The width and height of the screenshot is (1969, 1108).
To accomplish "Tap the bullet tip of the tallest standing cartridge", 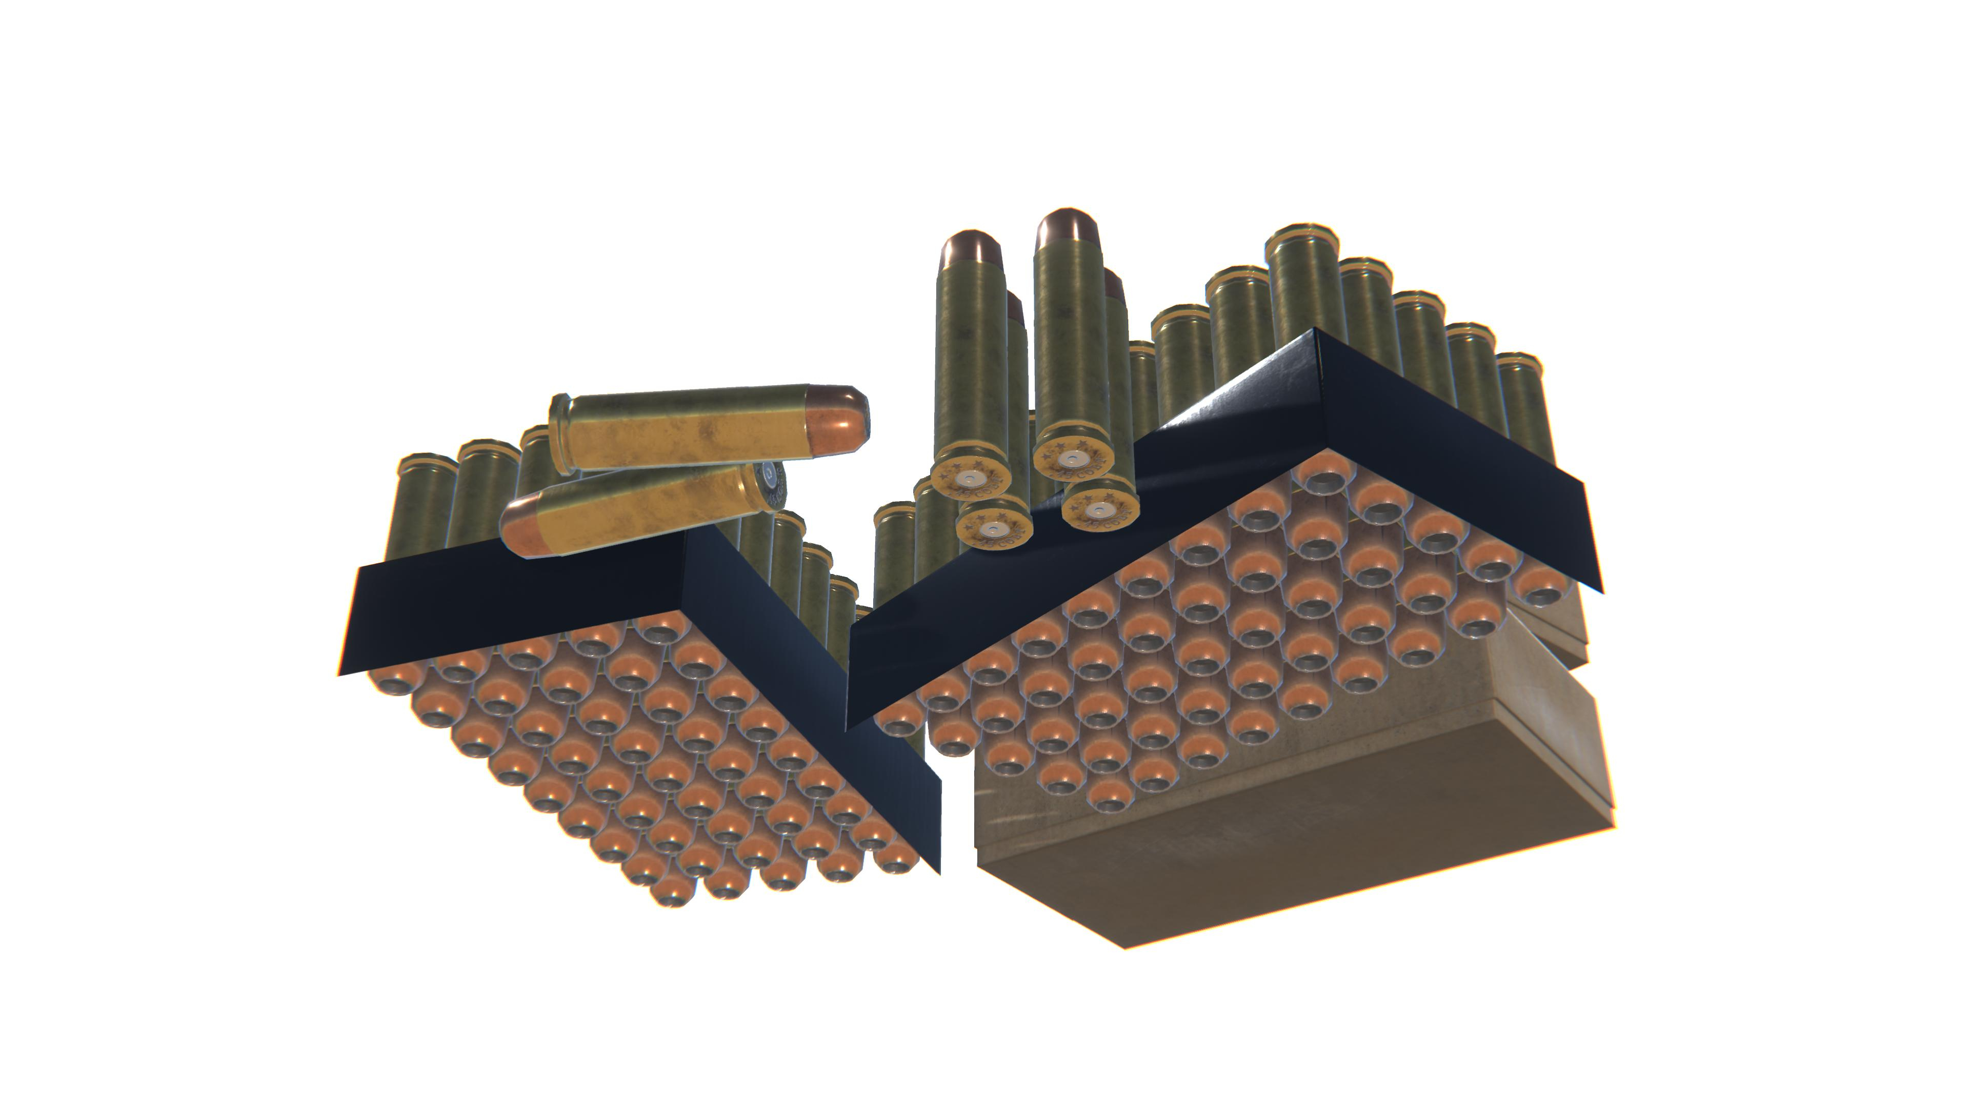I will coord(1068,226).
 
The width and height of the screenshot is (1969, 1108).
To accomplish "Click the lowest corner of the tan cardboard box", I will coord(1125,946).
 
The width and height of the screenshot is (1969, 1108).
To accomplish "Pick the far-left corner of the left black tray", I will coord(339,673).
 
